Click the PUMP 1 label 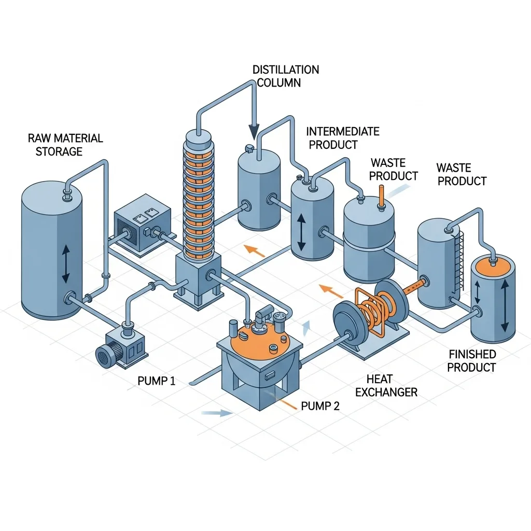156,382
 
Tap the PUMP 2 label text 320,407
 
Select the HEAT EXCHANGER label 386,386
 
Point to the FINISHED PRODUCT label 471,361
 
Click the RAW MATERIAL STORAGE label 65,145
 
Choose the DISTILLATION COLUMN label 285,76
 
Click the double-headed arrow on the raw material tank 66,264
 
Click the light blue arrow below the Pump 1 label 217,413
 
